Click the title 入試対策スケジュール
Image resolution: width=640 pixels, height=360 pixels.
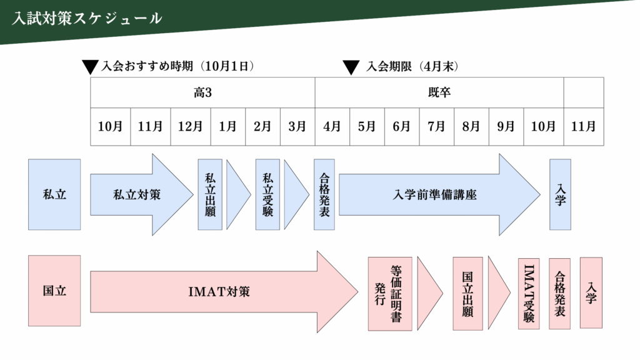(x=87, y=18)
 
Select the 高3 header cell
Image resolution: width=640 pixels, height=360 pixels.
(x=202, y=92)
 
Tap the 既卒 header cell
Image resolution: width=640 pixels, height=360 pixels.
(x=439, y=92)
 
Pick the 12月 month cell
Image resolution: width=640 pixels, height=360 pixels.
(x=191, y=126)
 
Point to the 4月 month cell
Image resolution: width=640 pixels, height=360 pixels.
(x=332, y=126)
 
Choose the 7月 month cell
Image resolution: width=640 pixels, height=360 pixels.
(x=436, y=126)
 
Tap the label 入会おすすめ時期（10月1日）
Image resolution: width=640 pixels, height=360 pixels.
(x=177, y=66)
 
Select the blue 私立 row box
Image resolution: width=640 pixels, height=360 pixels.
(x=54, y=194)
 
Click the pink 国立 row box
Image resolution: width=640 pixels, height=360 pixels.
(x=54, y=291)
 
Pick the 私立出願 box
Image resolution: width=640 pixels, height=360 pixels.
(x=210, y=194)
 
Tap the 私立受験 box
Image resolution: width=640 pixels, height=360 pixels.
(x=267, y=194)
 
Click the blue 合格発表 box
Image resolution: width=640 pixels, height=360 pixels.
(x=324, y=194)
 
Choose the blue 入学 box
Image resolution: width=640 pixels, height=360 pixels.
(x=560, y=194)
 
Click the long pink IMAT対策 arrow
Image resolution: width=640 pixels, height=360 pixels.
(x=219, y=291)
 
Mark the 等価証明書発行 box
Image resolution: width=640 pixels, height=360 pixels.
(x=390, y=293)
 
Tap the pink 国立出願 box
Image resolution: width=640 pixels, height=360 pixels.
(x=467, y=293)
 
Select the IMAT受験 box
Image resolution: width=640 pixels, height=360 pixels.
(x=529, y=293)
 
